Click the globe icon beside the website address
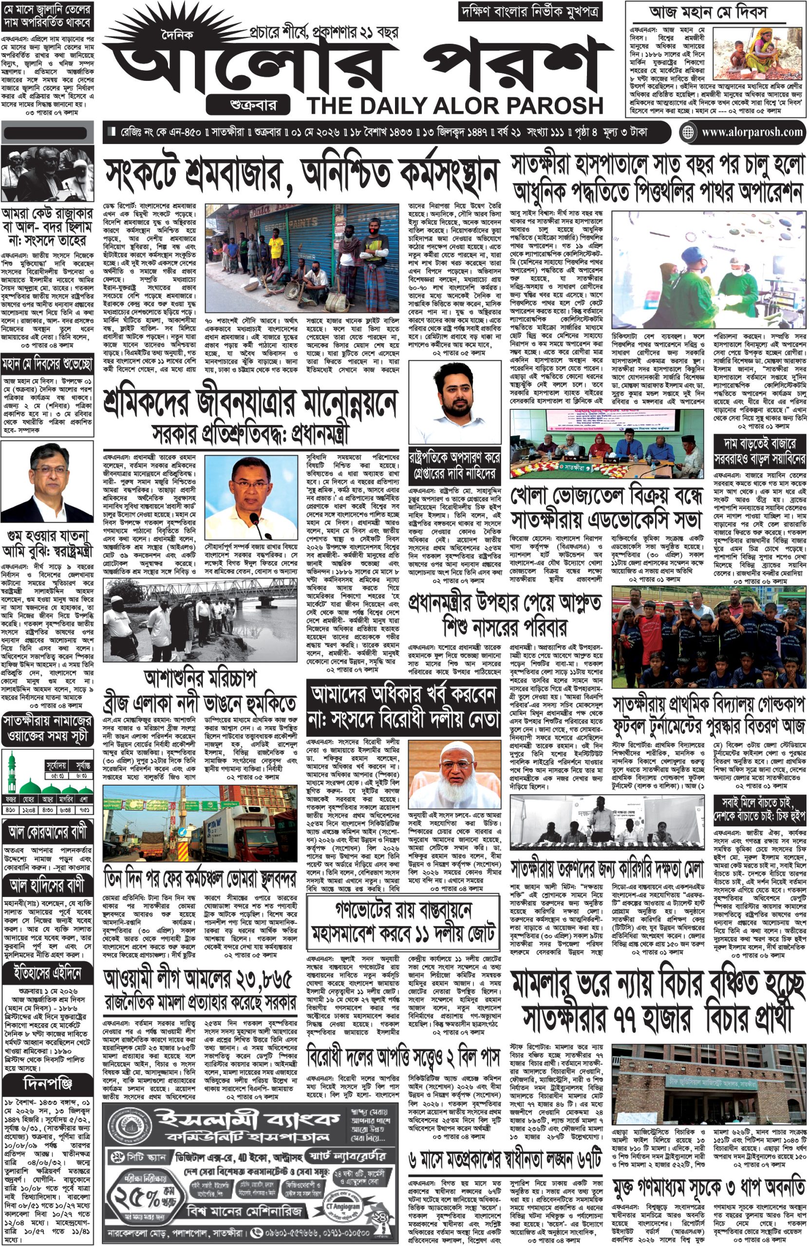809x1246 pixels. pos(687,132)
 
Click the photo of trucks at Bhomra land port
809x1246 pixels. pos(200,829)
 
